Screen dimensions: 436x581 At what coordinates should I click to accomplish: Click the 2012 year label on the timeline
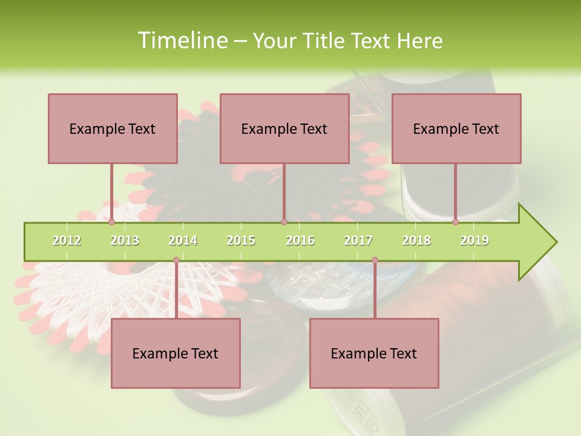[67, 240]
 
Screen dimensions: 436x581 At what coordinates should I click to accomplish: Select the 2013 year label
[125, 240]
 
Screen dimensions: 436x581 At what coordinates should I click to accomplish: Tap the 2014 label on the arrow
[183, 240]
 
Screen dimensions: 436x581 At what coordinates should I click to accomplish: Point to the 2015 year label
[241, 240]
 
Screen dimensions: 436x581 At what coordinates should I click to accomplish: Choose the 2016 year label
[300, 240]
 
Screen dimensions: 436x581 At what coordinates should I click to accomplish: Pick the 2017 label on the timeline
[358, 240]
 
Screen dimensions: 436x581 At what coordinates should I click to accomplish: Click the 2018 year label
[416, 240]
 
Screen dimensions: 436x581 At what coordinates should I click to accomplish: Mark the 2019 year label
[474, 240]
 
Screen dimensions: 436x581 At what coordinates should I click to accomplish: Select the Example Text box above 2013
[113, 128]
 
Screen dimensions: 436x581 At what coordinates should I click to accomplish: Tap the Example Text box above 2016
[284, 128]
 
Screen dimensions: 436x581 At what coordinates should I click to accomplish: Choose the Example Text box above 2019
[456, 128]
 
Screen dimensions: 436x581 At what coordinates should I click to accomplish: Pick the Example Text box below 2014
[176, 353]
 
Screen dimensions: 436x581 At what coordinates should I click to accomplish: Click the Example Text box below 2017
[374, 353]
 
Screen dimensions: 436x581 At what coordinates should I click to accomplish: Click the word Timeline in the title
[181, 41]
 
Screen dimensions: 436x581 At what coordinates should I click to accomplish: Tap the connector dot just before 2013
[111, 222]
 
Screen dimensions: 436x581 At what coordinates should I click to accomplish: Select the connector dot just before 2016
[284, 222]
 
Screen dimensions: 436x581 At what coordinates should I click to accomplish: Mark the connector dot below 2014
[176, 260]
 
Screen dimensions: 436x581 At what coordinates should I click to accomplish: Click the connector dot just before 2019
[455, 222]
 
